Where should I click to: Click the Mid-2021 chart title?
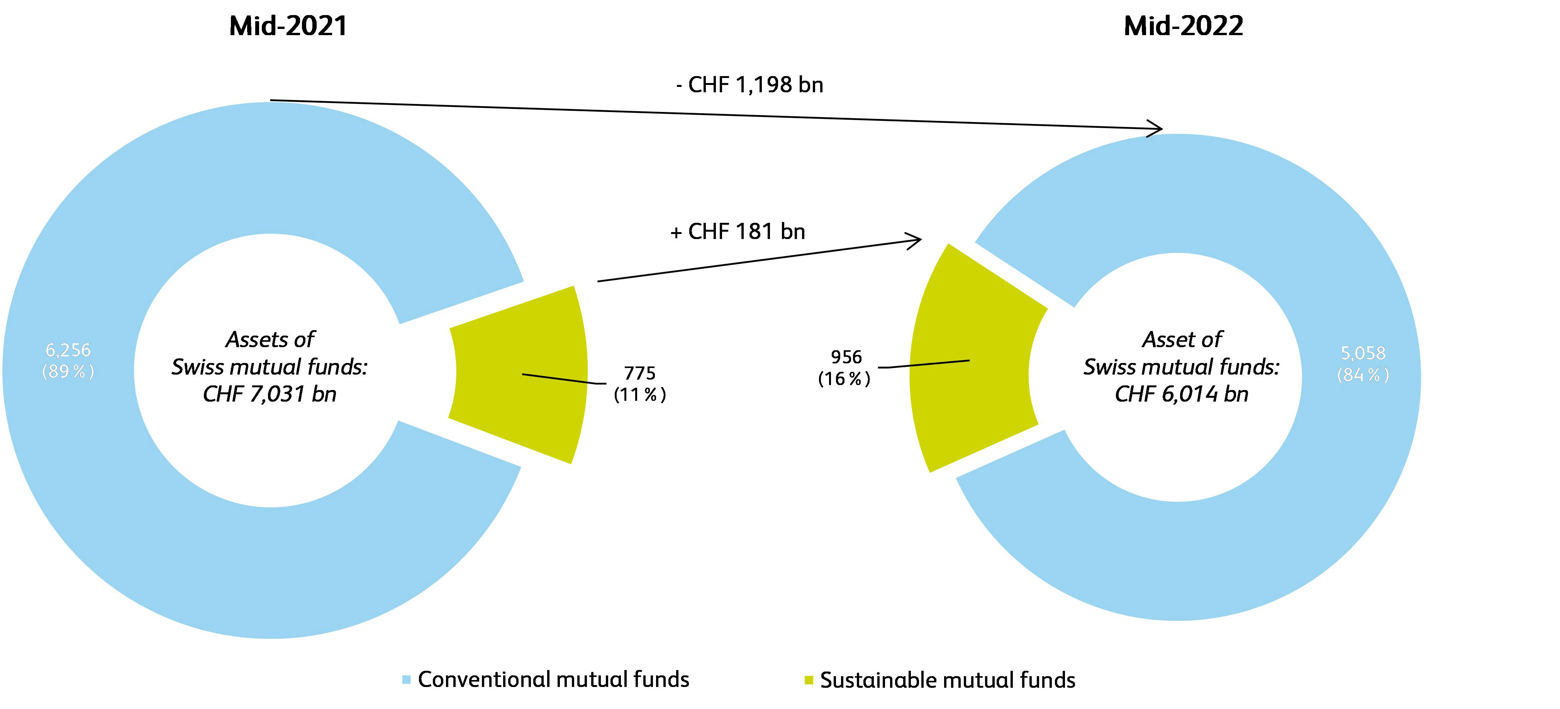(288, 26)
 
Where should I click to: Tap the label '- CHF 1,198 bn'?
(750, 85)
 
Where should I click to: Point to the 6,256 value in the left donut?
(68, 350)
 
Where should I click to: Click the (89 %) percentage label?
(68, 371)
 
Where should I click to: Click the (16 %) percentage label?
(844, 379)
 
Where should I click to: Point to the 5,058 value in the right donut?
(1363, 353)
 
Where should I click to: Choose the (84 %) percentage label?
(1363, 375)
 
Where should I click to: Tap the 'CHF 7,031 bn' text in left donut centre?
(270, 394)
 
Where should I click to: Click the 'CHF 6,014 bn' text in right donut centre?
(1182, 394)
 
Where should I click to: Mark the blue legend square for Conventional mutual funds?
(406, 680)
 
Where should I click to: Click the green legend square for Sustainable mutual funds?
(809, 680)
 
